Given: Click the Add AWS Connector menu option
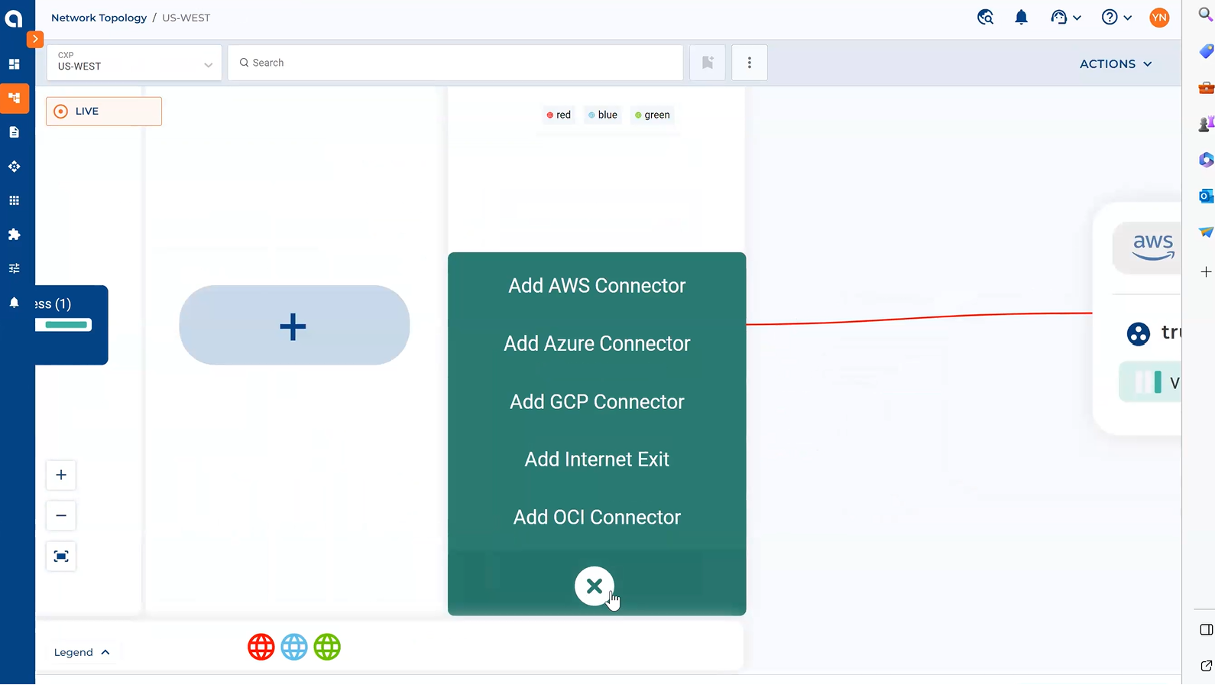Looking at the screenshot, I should tap(597, 286).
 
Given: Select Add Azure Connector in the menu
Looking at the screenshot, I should tap(597, 344).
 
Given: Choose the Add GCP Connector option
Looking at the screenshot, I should tap(597, 402).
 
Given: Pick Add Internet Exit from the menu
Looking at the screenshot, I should tap(597, 459).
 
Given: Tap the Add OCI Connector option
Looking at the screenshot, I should tap(597, 518).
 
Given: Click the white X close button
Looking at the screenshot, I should tap(595, 586).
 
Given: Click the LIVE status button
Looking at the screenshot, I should tap(104, 112).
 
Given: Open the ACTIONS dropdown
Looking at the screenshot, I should tap(1115, 64).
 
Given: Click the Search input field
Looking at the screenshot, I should tap(455, 63).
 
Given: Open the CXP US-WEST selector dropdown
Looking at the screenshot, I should tap(134, 63).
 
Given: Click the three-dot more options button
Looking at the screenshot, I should tap(750, 63).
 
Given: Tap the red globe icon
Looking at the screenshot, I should tap(261, 648).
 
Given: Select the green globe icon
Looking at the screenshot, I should tap(327, 648).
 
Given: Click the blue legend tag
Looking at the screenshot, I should tap(603, 115).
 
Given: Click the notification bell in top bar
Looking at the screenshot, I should tap(1021, 18).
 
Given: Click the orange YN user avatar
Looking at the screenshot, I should tap(1159, 18).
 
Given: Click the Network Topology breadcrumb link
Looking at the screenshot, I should tap(99, 18).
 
